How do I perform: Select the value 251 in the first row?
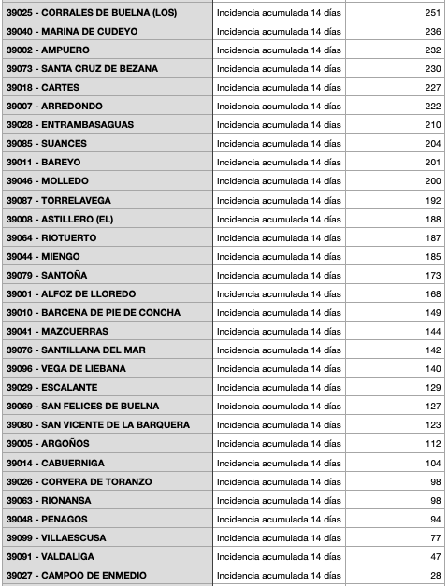click(432, 12)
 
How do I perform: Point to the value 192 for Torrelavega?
click(432, 200)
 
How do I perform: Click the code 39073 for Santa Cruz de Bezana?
click(20, 68)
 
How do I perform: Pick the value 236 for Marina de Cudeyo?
click(432, 31)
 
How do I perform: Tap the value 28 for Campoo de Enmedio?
click(435, 575)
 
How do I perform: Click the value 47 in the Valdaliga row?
click(435, 556)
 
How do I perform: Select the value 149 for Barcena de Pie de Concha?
click(432, 312)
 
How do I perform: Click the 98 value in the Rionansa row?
click(435, 500)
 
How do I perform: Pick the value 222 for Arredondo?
click(432, 106)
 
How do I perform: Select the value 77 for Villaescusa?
click(435, 537)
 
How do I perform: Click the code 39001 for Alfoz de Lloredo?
click(20, 293)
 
